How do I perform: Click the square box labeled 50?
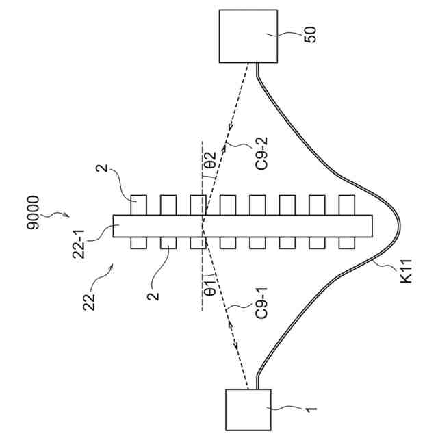pos(248,36)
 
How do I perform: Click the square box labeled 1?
pos(248,409)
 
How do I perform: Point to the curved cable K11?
pos(383,226)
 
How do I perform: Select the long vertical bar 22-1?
pos(243,226)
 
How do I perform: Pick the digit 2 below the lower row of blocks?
pos(155,296)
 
